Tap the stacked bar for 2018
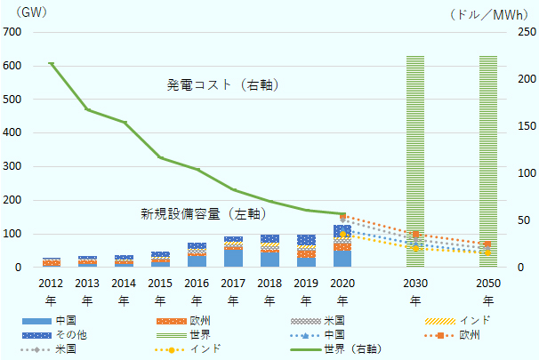[269, 251]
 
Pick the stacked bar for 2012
[51, 262]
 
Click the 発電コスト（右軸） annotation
[224, 85]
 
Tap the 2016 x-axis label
[197, 291]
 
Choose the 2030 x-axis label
[414, 291]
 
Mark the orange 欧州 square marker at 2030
[414, 234]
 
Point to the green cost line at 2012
[51, 63]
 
